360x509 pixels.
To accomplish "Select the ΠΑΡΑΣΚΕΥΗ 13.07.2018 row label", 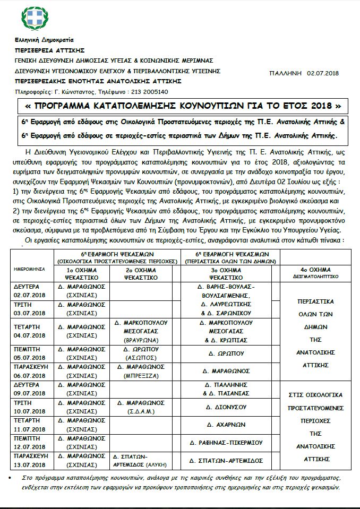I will pos(31,458).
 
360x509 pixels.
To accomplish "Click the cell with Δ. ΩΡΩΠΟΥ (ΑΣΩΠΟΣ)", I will pos(144,355).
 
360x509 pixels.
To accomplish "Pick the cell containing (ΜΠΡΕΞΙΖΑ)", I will pos(144,370).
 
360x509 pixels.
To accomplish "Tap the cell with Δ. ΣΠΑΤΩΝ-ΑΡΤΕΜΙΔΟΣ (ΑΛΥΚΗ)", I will pos(144,459).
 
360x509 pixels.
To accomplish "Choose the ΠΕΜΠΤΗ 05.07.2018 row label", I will pos(31,355).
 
